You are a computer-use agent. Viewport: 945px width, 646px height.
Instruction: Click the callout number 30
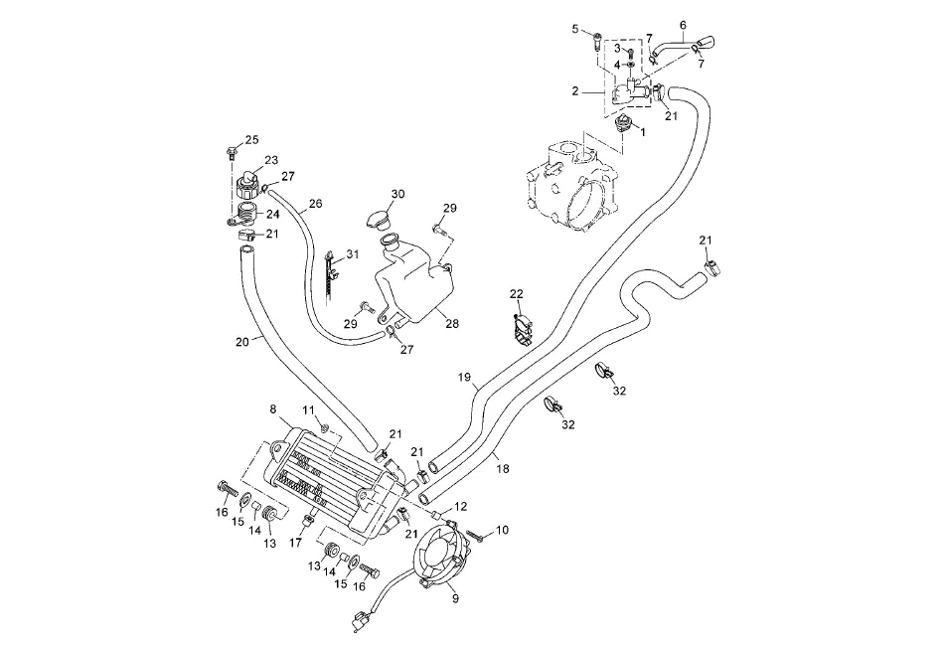[370, 194]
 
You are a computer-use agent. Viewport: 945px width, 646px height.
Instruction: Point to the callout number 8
[273, 407]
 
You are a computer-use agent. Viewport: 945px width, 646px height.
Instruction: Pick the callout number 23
[270, 160]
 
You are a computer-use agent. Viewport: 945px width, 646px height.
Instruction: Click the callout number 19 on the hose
[463, 378]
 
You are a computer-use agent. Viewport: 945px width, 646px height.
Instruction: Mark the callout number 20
[241, 343]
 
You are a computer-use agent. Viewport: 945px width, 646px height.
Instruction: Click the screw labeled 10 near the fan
[473, 537]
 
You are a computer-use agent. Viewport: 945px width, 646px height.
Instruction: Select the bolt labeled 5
[596, 41]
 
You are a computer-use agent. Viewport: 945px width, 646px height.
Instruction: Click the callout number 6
[683, 24]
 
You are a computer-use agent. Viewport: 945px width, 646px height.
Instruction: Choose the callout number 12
[460, 507]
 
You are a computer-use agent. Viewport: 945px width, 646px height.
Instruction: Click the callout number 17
[295, 543]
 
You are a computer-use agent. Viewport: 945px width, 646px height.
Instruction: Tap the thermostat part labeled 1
[622, 124]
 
